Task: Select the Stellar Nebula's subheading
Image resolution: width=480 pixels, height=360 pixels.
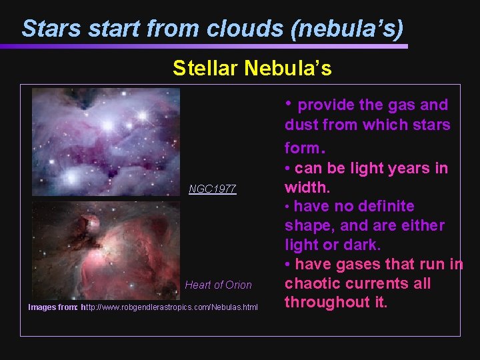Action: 252,68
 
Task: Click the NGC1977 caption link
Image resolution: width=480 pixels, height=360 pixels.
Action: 212,189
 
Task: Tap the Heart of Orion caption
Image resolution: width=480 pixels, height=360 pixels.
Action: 218,285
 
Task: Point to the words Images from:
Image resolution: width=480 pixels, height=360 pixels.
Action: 53,307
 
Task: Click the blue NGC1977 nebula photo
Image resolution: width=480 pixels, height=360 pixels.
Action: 106,142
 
